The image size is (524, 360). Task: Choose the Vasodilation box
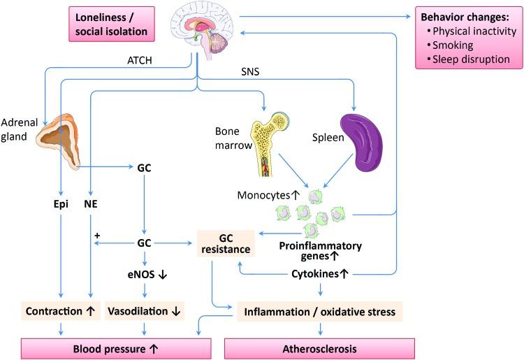point(145,310)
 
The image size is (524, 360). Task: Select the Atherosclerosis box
point(319,347)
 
